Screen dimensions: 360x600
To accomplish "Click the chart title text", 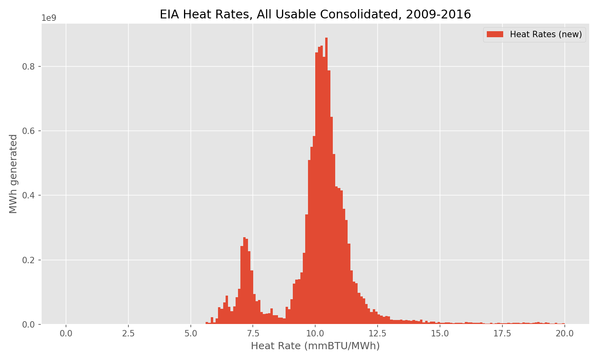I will click(x=315, y=14).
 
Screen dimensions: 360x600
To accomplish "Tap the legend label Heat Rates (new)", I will click(x=546, y=35).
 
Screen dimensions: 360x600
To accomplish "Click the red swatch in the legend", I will click(x=495, y=35).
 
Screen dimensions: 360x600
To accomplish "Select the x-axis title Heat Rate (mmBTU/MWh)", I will click(x=315, y=346).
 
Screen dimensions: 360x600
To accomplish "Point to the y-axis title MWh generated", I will click(x=14, y=174).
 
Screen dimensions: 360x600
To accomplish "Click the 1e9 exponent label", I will click(x=49, y=18).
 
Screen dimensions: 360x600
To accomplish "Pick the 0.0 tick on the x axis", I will click(x=66, y=333).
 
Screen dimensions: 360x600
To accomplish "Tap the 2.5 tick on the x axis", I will click(x=128, y=333).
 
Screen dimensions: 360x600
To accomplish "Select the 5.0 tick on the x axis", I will click(x=191, y=333).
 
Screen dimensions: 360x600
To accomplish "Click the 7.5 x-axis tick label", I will click(x=253, y=333).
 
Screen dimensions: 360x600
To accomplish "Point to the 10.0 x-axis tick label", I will click(x=315, y=333).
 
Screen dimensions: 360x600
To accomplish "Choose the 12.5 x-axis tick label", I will click(x=378, y=333).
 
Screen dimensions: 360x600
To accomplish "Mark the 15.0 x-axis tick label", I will click(x=440, y=333).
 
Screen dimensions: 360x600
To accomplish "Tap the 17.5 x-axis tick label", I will click(x=502, y=333).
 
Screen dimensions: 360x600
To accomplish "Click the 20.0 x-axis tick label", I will click(x=564, y=333).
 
